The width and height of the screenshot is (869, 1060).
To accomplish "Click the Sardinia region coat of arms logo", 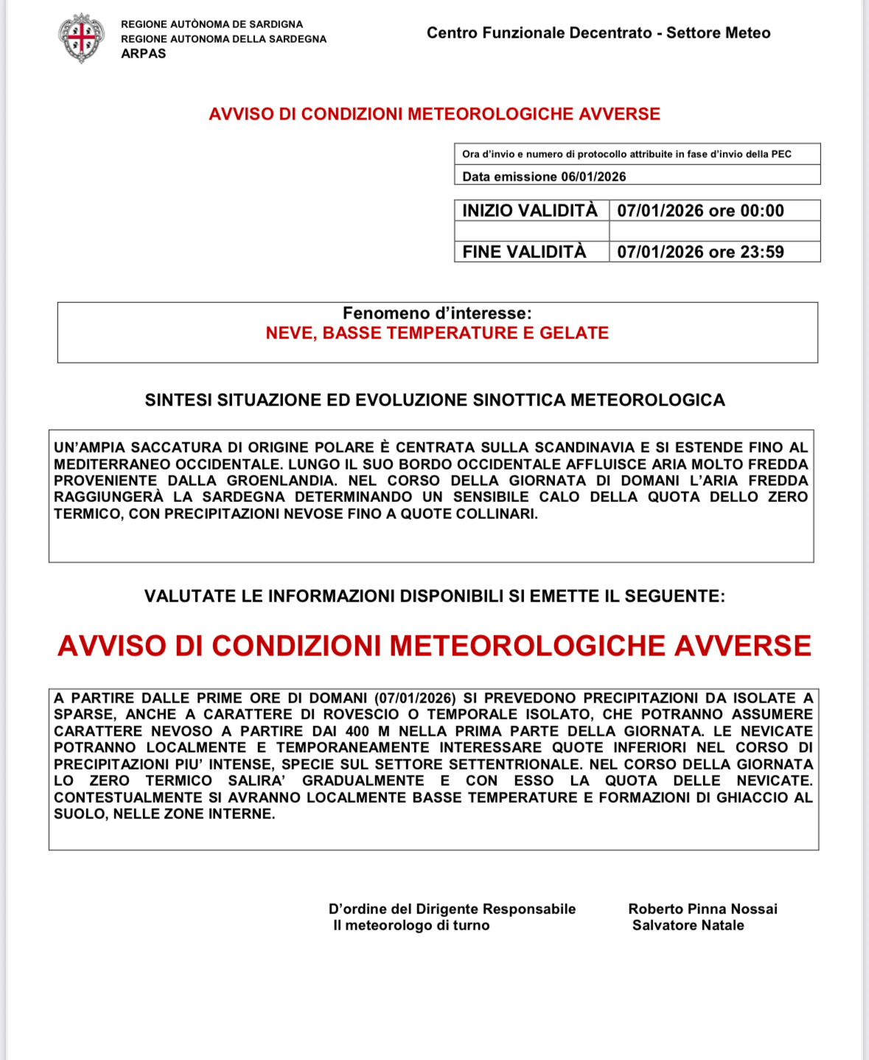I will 81,38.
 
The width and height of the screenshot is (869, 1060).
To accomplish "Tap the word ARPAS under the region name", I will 144,54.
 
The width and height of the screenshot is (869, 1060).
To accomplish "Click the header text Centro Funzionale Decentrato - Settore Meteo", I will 598,33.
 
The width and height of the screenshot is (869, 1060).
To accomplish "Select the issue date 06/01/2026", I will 593,177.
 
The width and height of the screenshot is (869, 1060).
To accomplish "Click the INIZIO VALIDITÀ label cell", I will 530,211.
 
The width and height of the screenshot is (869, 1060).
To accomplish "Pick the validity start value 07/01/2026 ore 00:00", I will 700,211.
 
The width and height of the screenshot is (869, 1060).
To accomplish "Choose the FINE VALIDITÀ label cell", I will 524,252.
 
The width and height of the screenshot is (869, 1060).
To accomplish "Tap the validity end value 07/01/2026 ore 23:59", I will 700,252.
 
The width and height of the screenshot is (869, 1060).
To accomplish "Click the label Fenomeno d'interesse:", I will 437,313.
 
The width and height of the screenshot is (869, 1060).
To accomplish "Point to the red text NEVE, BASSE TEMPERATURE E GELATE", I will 437,333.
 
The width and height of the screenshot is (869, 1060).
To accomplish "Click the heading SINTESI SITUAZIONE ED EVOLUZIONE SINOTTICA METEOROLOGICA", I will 435,400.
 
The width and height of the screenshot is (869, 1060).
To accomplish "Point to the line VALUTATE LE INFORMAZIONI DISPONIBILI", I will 435,596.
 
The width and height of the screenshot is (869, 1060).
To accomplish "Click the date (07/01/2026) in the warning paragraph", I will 415,698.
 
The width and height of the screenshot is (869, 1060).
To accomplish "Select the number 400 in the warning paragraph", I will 357,731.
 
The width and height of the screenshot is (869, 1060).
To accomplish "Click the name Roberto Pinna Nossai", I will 702,909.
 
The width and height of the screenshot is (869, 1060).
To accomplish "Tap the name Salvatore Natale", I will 688,926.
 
